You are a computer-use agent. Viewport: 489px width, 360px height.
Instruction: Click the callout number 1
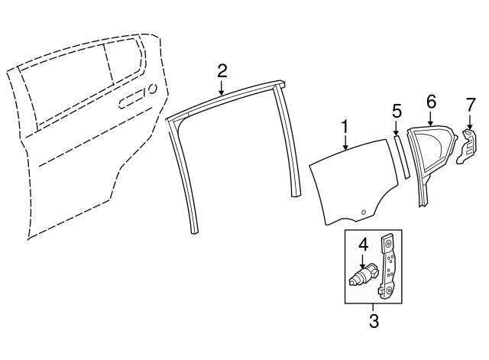point(345,128)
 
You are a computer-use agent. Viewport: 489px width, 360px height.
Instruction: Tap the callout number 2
point(222,71)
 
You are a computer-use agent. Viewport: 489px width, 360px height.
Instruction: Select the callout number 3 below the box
point(374,320)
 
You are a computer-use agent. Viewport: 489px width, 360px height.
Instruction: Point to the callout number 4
point(363,245)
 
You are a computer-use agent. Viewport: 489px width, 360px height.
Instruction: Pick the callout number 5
point(397,112)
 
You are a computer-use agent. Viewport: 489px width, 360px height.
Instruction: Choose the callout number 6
point(431,102)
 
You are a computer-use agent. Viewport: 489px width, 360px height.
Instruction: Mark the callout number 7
point(471,105)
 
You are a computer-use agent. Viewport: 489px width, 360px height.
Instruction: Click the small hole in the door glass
point(364,212)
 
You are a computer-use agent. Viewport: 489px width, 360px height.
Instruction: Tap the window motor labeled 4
point(364,274)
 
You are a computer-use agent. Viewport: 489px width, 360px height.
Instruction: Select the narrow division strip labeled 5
point(402,157)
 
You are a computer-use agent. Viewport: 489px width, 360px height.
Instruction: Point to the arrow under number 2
point(222,88)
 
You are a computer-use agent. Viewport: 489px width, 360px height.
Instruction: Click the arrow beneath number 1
point(345,144)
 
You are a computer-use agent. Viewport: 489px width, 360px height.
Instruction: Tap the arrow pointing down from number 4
point(363,261)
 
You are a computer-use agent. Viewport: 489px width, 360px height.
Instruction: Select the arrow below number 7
point(470,121)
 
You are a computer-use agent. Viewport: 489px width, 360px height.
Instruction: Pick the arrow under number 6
point(431,118)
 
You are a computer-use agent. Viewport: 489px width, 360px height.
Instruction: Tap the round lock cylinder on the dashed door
point(153,89)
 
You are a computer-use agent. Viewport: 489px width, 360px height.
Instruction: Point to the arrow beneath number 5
point(396,128)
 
